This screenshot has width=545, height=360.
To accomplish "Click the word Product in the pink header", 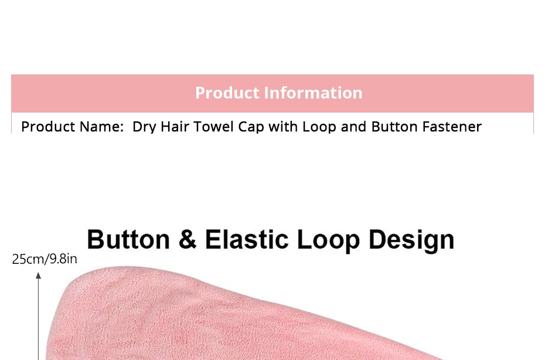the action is [x=227, y=93].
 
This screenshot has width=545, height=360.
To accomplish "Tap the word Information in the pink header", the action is [x=313, y=93].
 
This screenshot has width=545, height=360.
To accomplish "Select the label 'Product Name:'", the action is [x=72, y=127].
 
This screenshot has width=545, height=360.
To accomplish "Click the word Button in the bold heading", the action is [x=128, y=239].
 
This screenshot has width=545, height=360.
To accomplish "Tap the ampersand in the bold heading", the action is [x=188, y=239].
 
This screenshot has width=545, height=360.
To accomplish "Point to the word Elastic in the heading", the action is [x=247, y=239].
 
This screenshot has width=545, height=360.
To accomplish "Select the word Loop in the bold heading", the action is [x=328, y=240].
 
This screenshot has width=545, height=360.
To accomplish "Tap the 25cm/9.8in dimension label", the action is [x=45, y=260].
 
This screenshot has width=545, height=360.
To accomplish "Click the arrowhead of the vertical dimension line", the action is [x=38, y=275].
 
